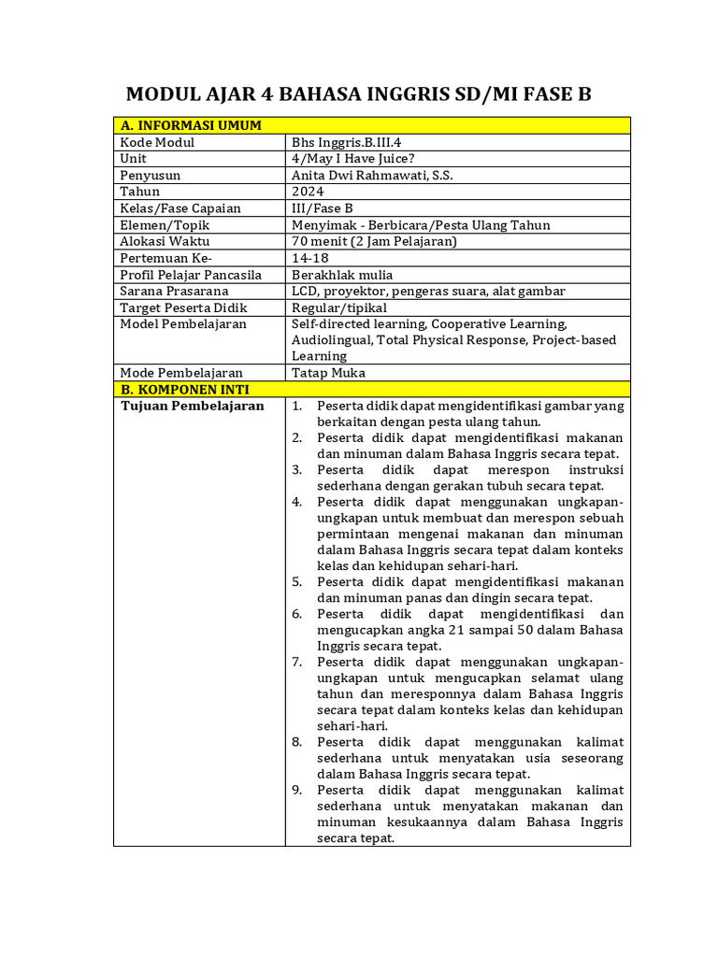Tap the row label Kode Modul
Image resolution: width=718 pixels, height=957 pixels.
click(x=157, y=142)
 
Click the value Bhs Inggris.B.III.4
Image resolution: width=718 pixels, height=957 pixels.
click(x=347, y=142)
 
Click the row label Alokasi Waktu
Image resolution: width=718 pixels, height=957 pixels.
click(x=165, y=241)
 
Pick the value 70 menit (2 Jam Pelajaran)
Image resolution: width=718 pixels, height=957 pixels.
click(x=374, y=241)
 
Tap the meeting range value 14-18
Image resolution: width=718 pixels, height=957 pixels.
click(x=309, y=258)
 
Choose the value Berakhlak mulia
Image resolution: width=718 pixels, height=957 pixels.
click(x=342, y=275)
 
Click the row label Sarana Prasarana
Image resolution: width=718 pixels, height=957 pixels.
click(x=174, y=291)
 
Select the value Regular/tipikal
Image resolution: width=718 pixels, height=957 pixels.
click(x=338, y=307)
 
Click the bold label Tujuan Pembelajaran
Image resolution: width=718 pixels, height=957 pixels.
click(x=193, y=407)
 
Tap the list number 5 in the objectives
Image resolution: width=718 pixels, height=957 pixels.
click(x=295, y=581)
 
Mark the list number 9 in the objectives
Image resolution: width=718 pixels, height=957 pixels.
click(x=295, y=789)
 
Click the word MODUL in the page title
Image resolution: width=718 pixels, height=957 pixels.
click(x=163, y=94)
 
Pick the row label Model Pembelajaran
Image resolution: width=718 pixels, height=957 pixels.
click(x=183, y=323)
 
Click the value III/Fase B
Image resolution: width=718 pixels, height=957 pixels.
click(x=322, y=208)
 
